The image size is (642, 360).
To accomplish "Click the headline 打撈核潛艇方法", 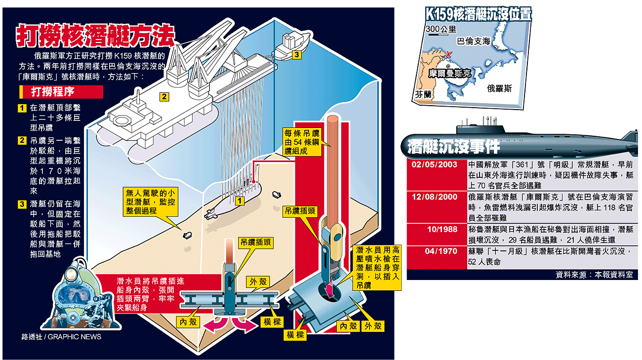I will pyautogui.click(x=95, y=37).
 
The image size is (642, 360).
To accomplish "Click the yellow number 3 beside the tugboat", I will pyautogui.click(x=296, y=54).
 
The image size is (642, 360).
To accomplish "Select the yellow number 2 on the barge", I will pyautogui.click(x=163, y=96).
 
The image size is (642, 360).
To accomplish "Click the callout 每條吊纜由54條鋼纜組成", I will pyautogui.click(x=301, y=142).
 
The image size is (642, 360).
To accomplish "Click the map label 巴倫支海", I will pyautogui.click(x=473, y=41).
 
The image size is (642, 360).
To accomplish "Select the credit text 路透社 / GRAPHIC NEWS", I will pyautogui.click(x=61, y=337).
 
